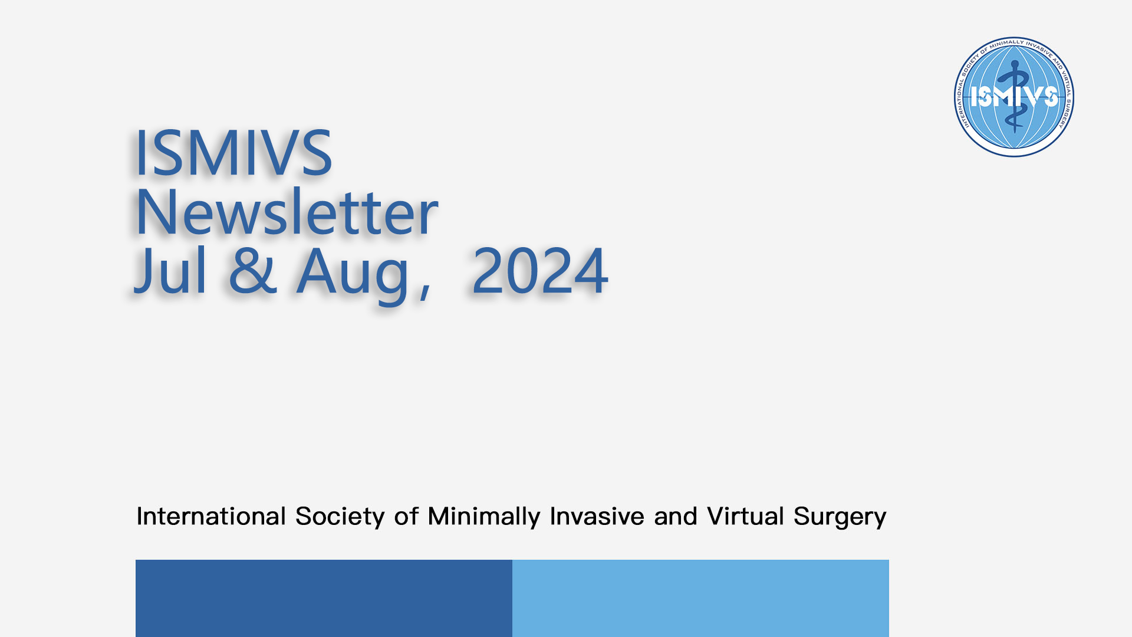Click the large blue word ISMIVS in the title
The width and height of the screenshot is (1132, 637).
click(x=234, y=153)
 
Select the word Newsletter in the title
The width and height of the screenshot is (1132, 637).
click(x=287, y=211)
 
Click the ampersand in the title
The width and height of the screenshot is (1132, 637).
click(x=253, y=270)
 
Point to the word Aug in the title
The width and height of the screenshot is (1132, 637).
click(x=353, y=275)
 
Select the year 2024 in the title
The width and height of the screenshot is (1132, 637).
click(x=539, y=271)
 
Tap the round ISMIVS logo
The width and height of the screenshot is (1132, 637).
click(x=1014, y=97)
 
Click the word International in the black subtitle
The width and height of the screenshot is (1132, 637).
click(x=211, y=516)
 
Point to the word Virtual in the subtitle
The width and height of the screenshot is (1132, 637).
click(x=745, y=516)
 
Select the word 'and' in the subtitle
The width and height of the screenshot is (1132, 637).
click(x=675, y=516)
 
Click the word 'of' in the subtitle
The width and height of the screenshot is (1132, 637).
click(x=406, y=516)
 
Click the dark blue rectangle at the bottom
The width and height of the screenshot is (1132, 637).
click(x=324, y=598)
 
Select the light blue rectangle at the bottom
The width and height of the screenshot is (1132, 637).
click(x=700, y=598)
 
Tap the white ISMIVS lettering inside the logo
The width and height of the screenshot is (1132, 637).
click(x=1014, y=97)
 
